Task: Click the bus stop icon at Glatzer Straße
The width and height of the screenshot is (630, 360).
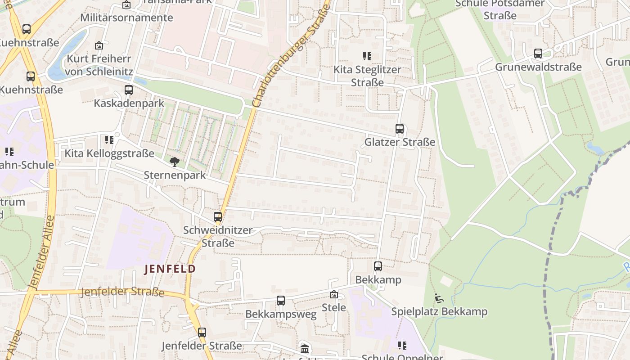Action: pyautogui.click(x=399, y=129)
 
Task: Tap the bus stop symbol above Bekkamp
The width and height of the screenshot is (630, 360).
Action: pyautogui.click(x=378, y=266)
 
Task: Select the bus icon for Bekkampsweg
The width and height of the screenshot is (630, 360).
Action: pyautogui.click(x=280, y=300)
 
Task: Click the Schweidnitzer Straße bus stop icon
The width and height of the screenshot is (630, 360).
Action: pyautogui.click(x=218, y=217)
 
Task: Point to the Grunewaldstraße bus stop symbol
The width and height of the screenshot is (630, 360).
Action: pyautogui.click(x=538, y=54)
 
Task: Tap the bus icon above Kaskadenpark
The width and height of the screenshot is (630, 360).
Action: pyautogui.click(x=129, y=90)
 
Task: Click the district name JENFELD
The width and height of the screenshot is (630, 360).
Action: pyautogui.click(x=170, y=269)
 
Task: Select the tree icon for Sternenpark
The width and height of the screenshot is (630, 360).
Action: pyautogui.click(x=174, y=162)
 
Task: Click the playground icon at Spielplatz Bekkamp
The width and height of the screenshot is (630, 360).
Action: pyautogui.click(x=439, y=298)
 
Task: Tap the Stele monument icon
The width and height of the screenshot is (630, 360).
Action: pyautogui.click(x=333, y=294)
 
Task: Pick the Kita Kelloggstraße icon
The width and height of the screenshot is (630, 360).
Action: pyautogui.click(x=109, y=140)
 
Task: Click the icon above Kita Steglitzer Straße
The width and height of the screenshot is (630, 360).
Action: pyautogui.click(x=367, y=56)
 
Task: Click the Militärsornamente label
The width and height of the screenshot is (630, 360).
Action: pyautogui.click(x=126, y=18)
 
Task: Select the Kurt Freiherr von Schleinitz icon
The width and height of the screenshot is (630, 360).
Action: pyautogui.click(x=99, y=45)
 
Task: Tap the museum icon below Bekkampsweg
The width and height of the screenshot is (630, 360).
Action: pyautogui.click(x=305, y=348)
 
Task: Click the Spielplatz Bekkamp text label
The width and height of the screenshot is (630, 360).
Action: pyautogui.click(x=439, y=311)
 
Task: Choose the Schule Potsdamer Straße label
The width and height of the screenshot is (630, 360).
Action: pyautogui.click(x=499, y=9)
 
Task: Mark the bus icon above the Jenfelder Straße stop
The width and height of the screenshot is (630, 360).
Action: pyautogui.click(x=202, y=333)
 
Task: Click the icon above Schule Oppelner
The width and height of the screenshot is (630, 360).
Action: pyautogui.click(x=402, y=345)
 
